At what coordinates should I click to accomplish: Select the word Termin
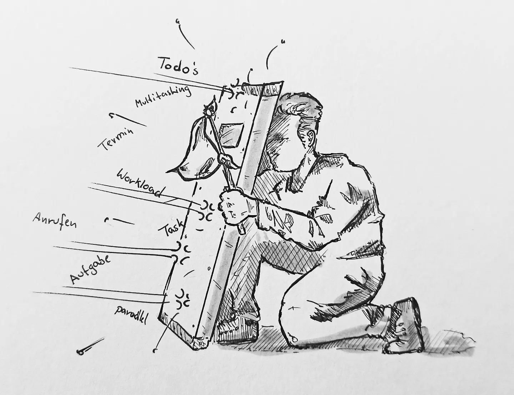coord(115,139)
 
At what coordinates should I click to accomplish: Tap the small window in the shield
coord(231,135)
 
